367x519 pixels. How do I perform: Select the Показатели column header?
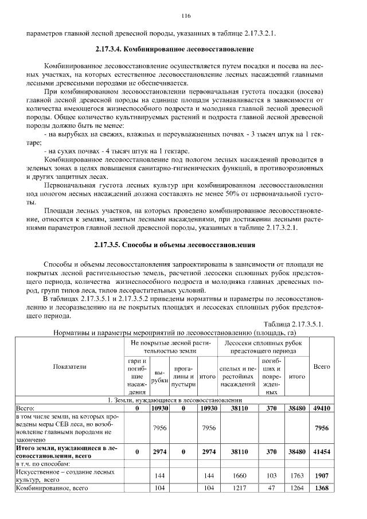[69, 366]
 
